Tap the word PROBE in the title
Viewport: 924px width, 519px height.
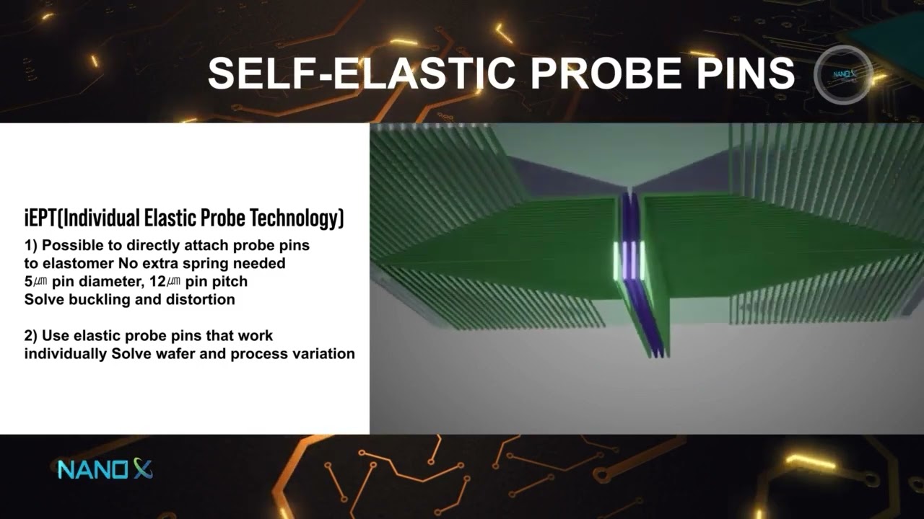[606, 73]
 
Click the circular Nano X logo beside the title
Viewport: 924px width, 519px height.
[844, 74]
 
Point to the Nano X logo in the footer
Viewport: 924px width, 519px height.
[105, 469]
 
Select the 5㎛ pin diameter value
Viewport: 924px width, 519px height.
[36, 282]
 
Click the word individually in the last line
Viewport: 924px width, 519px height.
[65, 354]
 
